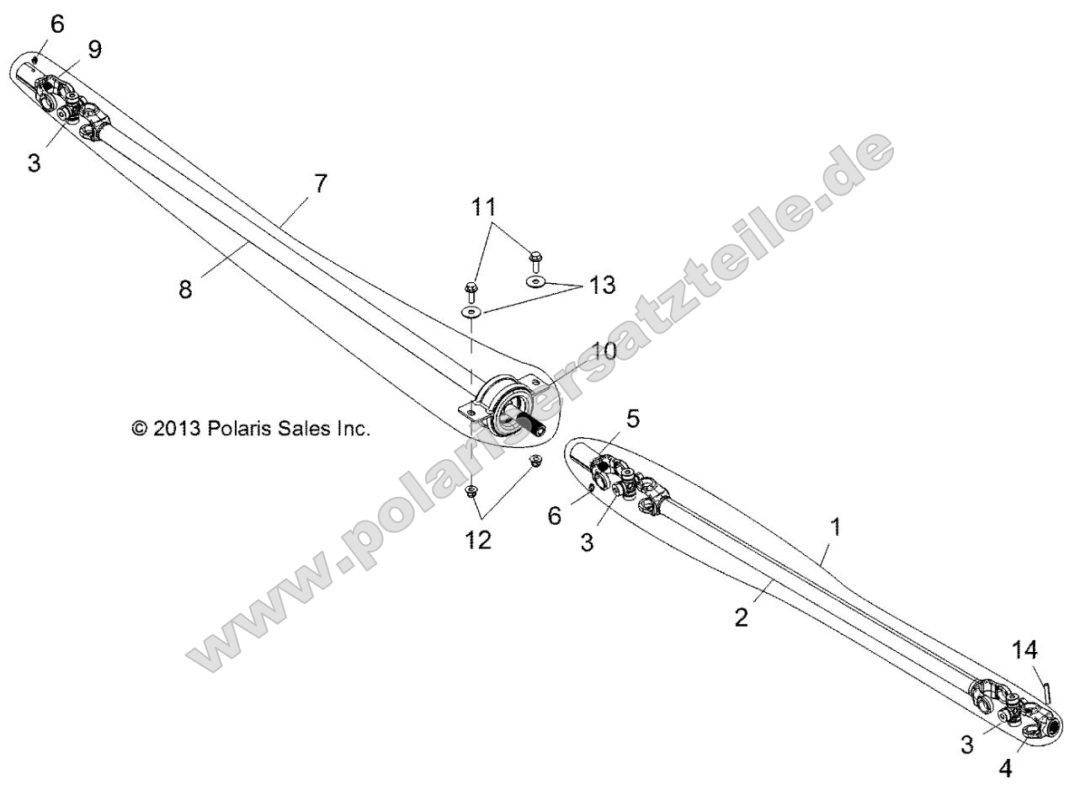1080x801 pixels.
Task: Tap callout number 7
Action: (x=321, y=183)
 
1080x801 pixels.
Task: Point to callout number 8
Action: (x=185, y=289)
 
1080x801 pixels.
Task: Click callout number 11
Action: (x=483, y=207)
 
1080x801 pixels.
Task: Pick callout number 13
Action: (x=602, y=286)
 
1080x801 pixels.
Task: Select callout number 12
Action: (x=476, y=540)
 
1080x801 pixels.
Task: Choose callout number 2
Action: (x=740, y=617)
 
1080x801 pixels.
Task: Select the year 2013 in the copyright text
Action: (x=174, y=429)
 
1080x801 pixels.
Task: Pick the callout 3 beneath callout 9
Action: (x=34, y=163)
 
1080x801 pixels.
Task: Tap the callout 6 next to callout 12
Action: (x=555, y=515)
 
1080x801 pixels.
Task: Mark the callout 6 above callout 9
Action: (x=56, y=24)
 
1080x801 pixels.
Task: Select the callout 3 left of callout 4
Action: (x=967, y=745)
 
